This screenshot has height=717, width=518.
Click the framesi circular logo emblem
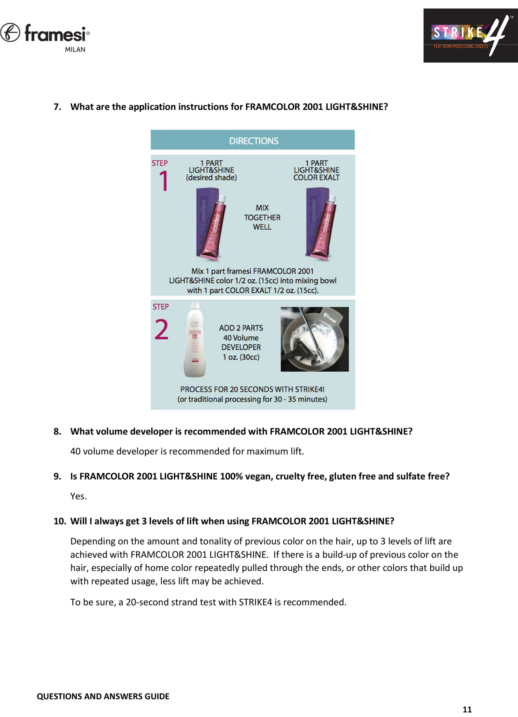point(10,32)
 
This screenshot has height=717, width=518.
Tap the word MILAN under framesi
point(75,50)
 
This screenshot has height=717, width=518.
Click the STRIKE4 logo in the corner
point(470,35)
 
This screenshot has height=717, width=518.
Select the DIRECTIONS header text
point(254,141)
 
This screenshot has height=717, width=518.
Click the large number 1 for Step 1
point(163,181)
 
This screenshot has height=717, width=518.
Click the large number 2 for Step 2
point(161,330)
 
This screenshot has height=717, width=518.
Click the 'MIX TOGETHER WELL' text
point(262,218)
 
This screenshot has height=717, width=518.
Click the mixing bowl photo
point(315,339)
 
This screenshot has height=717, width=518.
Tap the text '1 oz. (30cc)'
point(241,357)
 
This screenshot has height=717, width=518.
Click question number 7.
point(57,107)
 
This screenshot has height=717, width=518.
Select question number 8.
point(57,432)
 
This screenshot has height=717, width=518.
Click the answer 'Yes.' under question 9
point(78,496)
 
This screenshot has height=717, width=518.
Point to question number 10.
point(60,521)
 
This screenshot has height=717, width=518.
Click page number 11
point(467,709)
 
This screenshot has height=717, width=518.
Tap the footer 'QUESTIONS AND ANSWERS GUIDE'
point(103,697)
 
